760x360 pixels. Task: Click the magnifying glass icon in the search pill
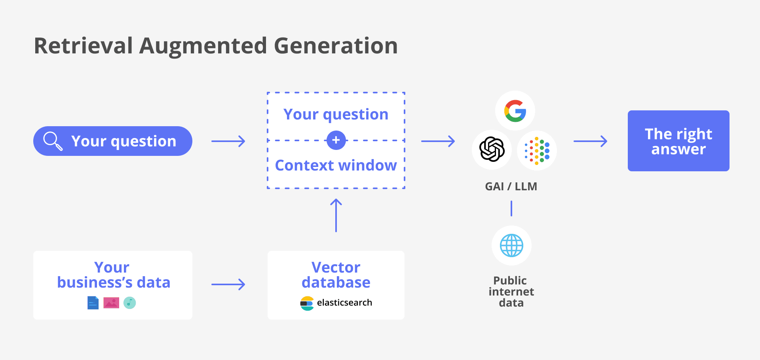tap(53, 141)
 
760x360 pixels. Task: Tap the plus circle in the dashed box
tap(336, 140)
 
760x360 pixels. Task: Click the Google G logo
tap(515, 111)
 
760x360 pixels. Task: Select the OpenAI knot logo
tap(492, 150)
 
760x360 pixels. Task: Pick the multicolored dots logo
tap(537, 151)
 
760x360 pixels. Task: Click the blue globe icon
tap(511, 245)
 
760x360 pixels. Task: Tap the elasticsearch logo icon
tap(307, 303)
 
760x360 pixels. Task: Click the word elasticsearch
tap(344, 303)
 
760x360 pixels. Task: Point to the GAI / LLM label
tap(511, 186)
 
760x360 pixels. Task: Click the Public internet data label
tap(511, 292)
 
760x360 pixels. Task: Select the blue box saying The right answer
tap(678, 141)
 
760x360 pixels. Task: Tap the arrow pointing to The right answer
tap(590, 141)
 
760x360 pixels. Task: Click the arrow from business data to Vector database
tap(228, 284)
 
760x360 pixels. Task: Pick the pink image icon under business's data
tap(111, 303)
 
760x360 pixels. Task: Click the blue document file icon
tap(93, 303)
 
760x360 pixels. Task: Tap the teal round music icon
tap(129, 303)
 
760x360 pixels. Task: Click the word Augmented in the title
tap(203, 45)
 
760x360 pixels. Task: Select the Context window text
tap(336, 165)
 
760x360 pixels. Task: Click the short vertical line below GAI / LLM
tap(511, 208)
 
